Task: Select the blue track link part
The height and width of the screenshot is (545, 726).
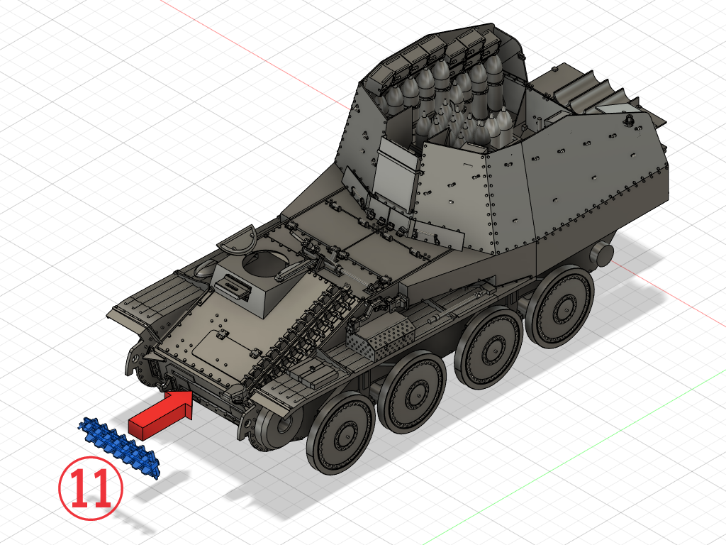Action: [119, 446]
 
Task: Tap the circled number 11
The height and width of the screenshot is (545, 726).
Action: [91, 488]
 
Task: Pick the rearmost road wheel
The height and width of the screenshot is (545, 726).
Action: [560, 307]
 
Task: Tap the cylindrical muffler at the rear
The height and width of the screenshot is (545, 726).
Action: [602, 255]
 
